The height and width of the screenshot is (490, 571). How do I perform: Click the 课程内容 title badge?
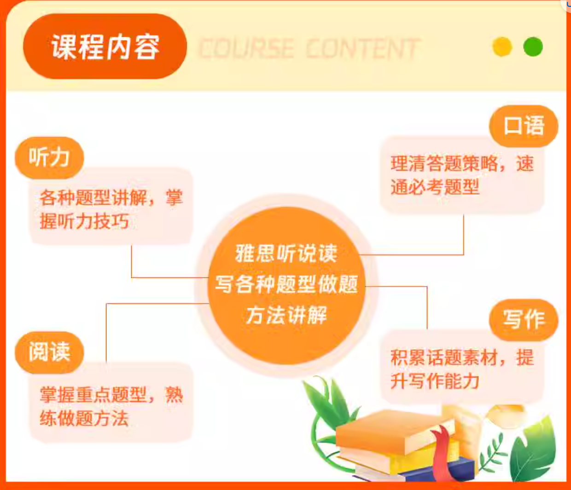105,46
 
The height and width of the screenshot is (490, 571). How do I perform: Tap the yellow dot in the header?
502,46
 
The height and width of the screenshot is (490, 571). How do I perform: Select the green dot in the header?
533,46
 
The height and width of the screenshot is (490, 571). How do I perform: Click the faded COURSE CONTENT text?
309,49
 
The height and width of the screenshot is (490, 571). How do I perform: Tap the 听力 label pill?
49,158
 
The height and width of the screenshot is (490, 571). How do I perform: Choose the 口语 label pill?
524,126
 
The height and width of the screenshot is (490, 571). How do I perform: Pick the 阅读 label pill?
49,352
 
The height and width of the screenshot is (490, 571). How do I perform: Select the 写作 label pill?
524,320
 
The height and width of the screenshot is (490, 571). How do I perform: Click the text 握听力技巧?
84,221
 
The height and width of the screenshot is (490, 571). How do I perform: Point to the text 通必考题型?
435,187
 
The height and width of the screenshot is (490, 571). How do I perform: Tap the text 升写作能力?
435,381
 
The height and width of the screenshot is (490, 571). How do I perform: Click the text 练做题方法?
84,418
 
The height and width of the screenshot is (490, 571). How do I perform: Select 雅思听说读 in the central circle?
286,253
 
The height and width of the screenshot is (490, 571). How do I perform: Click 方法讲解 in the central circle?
286,315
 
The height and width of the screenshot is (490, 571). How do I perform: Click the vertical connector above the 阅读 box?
106,333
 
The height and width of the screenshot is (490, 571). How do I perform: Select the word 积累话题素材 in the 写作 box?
443,357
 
